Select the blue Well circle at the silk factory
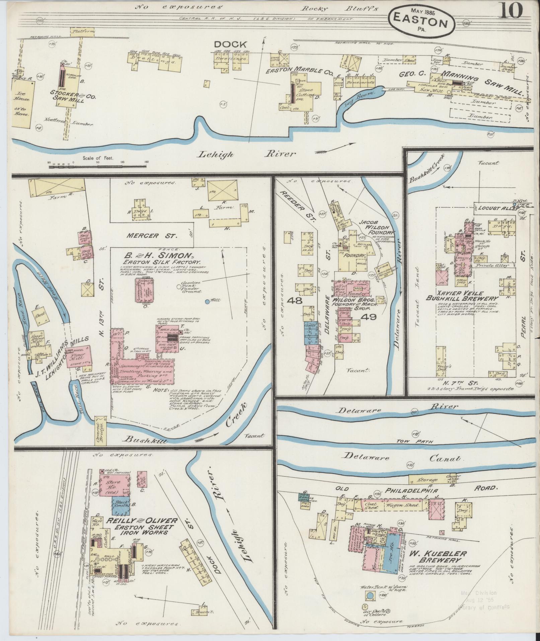pyautogui.click(x=207, y=301)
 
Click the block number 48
pyautogui.click(x=297, y=301)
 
